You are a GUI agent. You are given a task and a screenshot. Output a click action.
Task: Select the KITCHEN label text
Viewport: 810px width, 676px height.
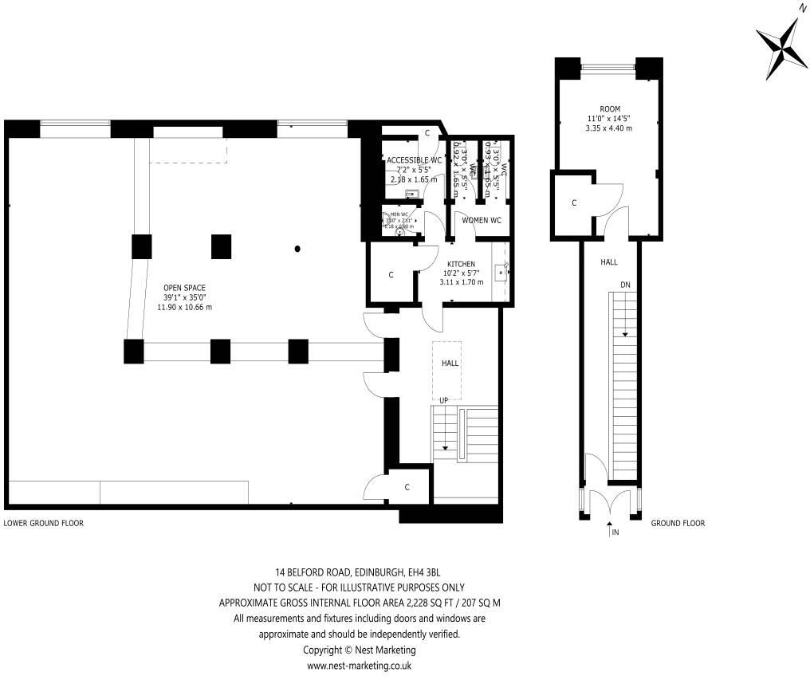tap(461, 264)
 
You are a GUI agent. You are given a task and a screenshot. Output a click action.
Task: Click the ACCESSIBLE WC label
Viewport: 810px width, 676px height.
tap(414, 160)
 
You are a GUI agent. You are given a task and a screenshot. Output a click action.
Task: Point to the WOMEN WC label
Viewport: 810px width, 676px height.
tap(482, 220)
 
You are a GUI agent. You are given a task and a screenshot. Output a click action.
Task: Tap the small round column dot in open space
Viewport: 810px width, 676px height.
tap(297, 249)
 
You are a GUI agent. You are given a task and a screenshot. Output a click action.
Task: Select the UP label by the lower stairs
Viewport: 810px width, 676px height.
tap(443, 399)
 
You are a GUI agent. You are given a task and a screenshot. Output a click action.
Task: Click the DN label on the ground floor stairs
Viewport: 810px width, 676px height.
tap(626, 285)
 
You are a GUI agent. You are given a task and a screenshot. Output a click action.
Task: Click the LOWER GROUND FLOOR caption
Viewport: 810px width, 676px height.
tap(44, 524)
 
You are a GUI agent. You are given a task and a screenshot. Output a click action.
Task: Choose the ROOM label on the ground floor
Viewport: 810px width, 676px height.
tap(609, 109)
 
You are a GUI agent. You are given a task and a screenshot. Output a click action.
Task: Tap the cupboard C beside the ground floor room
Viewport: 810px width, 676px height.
tap(573, 203)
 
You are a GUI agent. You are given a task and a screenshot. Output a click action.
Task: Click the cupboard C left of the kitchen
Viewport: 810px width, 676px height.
tap(391, 275)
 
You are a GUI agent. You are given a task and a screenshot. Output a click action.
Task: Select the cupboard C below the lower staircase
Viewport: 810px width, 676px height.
tap(407, 487)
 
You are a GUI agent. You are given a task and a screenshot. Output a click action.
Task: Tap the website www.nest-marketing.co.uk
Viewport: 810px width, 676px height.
tap(359, 665)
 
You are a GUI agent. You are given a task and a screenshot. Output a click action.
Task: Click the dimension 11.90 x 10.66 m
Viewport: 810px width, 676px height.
tap(187, 307)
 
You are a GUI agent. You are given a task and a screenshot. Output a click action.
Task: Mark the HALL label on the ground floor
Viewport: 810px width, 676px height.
tap(608, 261)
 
